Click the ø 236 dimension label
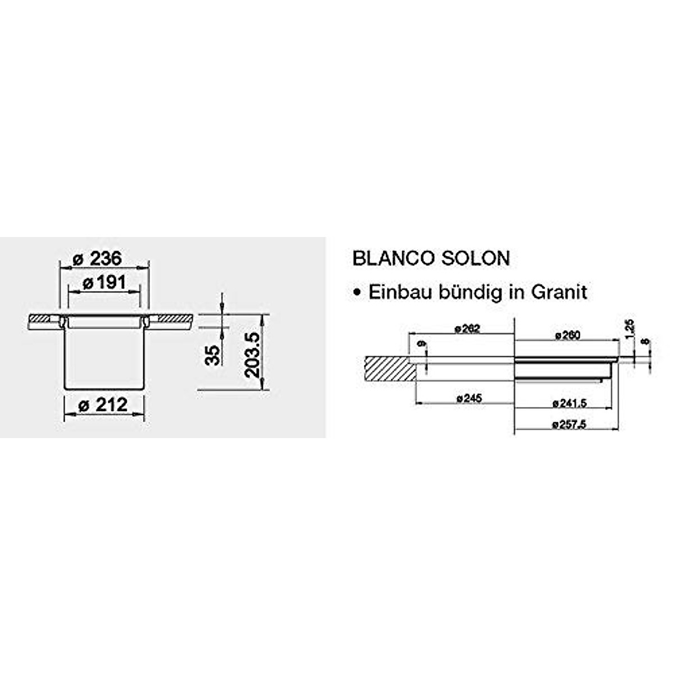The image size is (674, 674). tap(97, 259)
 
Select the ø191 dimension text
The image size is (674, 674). tap(104, 283)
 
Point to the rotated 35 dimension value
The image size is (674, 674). tap(212, 355)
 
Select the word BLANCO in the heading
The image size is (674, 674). tap(393, 258)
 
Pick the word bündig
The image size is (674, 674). tap(470, 292)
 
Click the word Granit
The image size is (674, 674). tap(558, 292)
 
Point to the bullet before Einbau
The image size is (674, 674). tap(356, 293)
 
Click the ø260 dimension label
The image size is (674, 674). tap(567, 335)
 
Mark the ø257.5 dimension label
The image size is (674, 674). tap(569, 425)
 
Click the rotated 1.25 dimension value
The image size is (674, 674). tap(629, 329)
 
